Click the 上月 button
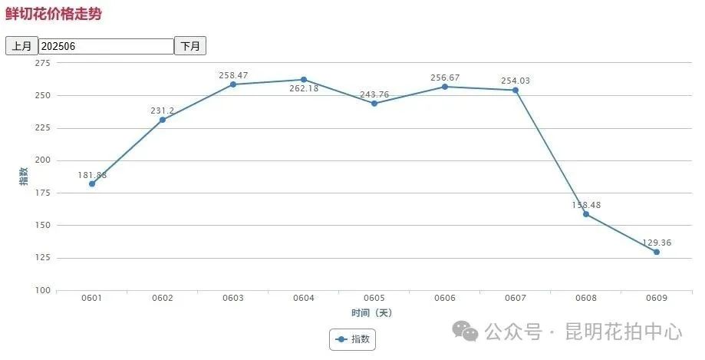pyautogui.click(x=21, y=46)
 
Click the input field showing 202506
pyautogui.click(x=107, y=46)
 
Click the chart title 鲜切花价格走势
pyautogui.click(x=53, y=14)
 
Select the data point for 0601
pyautogui.click(x=92, y=183)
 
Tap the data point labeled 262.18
pyautogui.click(x=304, y=80)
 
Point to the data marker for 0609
pyautogui.click(x=657, y=252)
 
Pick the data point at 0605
pyautogui.click(x=374, y=104)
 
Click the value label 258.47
pyautogui.click(x=233, y=75)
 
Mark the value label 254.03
pyautogui.click(x=515, y=81)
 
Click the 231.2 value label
pyautogui.click(x=162, y=111)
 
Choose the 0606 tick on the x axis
pyautogui.click(x=445, y=297)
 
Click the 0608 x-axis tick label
pyautogui.click(x=586, y=297)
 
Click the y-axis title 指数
pyautogui.click(x=23, y=176)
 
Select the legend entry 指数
pyautogui.click(x=352, y=339)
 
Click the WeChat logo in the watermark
pyautogui.click(x=465, y=331)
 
